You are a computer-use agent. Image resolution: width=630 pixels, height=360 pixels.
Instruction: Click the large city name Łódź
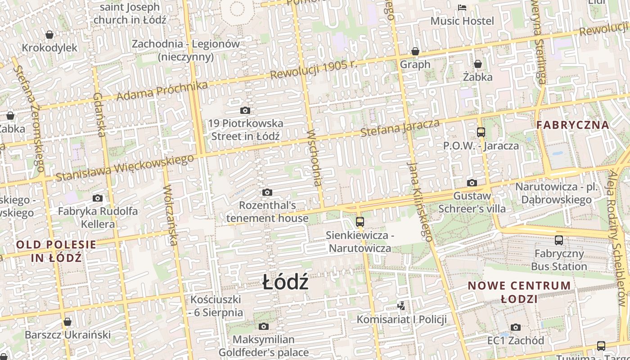285,283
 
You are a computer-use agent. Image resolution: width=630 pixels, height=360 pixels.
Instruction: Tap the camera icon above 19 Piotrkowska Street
245,110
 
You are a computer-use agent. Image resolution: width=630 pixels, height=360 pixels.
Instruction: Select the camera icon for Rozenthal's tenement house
267,193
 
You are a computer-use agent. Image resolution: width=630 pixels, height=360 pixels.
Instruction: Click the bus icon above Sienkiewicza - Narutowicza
360,221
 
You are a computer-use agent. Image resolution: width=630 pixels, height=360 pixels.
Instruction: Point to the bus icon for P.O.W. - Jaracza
481,132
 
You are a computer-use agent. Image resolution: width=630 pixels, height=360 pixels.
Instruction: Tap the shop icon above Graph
415,51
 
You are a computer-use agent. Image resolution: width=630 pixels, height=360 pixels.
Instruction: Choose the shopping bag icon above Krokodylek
49,35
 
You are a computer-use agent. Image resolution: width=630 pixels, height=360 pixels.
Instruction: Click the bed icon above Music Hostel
462,8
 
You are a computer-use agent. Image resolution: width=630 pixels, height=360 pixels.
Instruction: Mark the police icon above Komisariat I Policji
401,306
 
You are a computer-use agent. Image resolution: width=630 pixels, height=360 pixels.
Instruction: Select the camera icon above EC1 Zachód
515,327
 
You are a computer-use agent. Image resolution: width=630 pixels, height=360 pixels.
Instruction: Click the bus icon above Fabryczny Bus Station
559,240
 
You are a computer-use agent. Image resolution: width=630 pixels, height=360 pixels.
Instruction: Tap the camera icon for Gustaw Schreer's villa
472,183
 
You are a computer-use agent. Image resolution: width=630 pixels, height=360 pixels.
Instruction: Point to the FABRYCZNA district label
573,125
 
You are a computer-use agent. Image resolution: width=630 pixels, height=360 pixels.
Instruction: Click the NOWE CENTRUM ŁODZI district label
519,292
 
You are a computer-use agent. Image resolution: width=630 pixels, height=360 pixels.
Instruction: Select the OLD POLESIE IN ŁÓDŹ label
56,251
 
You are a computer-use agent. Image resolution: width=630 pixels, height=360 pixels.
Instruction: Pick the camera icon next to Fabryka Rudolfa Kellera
98,198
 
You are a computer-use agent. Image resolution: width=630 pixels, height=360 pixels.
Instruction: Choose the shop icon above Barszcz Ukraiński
67,322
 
